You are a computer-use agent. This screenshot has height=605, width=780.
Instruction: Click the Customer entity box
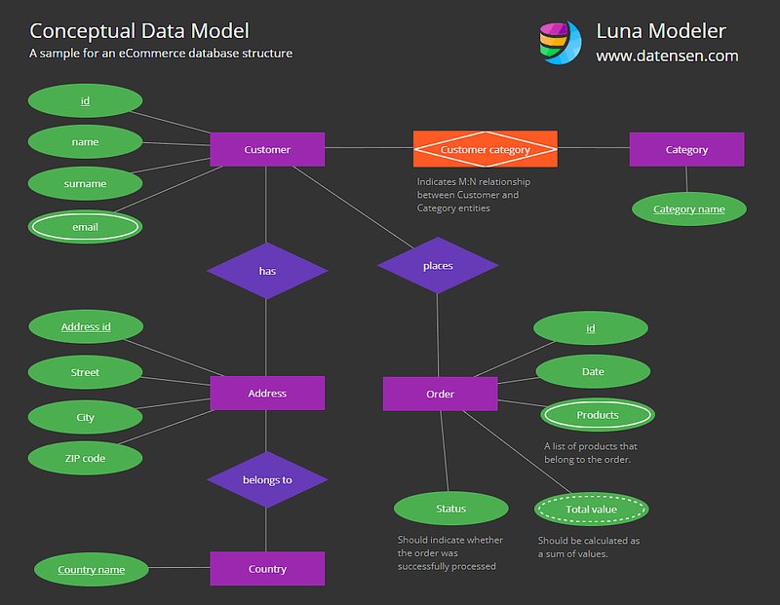point(267,149)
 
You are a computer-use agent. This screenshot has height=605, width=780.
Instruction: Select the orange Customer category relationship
point(485,149)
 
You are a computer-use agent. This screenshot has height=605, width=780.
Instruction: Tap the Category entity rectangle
point(686,149)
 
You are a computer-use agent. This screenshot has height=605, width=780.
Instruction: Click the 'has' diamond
point(267,271)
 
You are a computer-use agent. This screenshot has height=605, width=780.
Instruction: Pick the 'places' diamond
point(438,265)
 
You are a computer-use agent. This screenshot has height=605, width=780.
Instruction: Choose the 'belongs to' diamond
point(267,479)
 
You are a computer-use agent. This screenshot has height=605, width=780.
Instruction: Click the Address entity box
point(267,394)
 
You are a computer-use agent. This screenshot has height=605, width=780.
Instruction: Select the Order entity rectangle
point(441,394)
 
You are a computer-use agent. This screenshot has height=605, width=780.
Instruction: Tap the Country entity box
point(267,568)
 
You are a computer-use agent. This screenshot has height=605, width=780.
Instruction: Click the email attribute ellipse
point(85,227)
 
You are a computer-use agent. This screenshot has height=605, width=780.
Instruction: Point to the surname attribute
point(85,183)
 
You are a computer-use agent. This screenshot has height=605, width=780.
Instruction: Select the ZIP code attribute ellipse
point(85,458)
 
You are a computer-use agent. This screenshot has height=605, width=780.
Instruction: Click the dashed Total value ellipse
point(592,510)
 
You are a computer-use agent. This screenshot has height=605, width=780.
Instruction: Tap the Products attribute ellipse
point(598,415)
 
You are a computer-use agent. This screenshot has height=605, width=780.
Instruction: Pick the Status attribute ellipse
point(451,509)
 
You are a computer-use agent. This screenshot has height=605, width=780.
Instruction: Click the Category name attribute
point(689,209)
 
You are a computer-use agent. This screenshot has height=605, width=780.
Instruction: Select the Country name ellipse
point(91,569)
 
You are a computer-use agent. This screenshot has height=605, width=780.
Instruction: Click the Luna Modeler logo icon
point(560,42)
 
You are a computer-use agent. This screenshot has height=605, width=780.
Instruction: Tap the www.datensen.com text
point(667,56)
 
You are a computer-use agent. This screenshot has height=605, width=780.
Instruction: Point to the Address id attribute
point(86,326)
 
